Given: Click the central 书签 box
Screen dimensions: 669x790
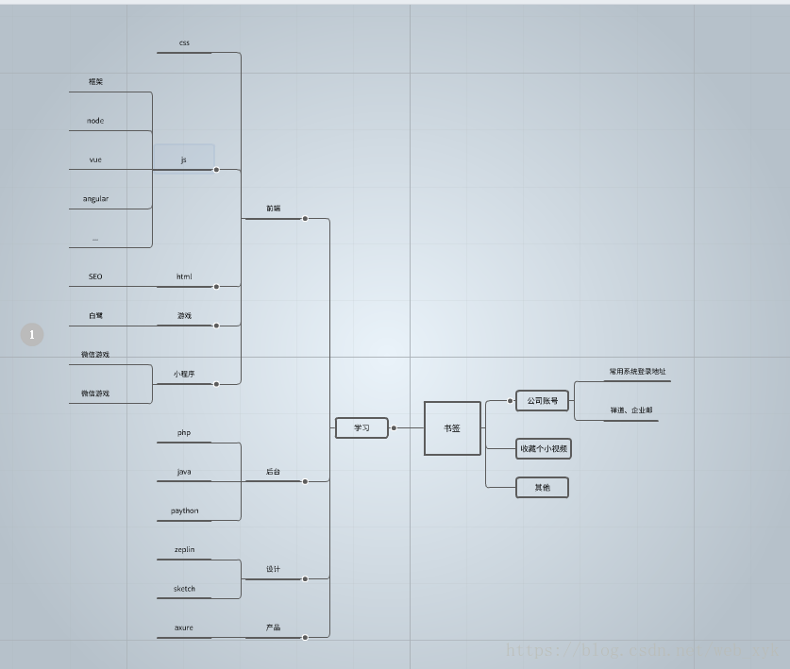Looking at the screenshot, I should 452,428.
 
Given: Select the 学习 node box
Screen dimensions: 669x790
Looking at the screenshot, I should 361,428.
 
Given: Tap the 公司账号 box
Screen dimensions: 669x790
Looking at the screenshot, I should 542,401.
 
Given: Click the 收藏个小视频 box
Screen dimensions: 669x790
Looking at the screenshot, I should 544,449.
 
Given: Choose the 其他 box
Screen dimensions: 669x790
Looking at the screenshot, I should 542,488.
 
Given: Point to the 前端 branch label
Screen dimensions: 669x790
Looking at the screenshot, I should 273,209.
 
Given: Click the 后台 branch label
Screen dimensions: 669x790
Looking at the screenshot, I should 273,472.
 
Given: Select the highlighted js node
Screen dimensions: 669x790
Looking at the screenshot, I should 184,159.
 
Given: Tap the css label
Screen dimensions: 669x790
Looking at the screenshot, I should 184,43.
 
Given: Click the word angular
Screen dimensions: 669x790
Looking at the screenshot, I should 95,199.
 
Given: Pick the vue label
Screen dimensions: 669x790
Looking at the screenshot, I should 95,160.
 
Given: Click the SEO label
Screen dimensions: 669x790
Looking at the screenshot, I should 95,276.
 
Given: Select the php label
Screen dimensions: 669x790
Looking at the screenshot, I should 184,433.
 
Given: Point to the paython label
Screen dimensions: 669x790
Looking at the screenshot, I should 184,511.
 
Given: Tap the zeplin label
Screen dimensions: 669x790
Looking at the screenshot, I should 184,550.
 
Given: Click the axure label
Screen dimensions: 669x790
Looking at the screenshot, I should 184,627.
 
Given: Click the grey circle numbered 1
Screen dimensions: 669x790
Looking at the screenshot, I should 32,334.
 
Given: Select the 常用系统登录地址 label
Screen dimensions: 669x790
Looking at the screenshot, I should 637,372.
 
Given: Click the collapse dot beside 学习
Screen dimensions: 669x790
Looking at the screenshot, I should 394,428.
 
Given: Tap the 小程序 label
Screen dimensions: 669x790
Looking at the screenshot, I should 184,375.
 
